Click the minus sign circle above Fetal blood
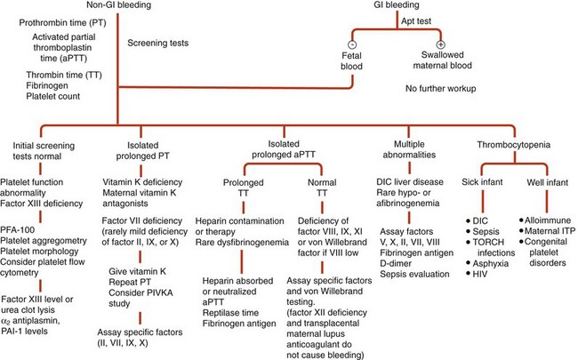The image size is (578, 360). [x=353, y=44]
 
